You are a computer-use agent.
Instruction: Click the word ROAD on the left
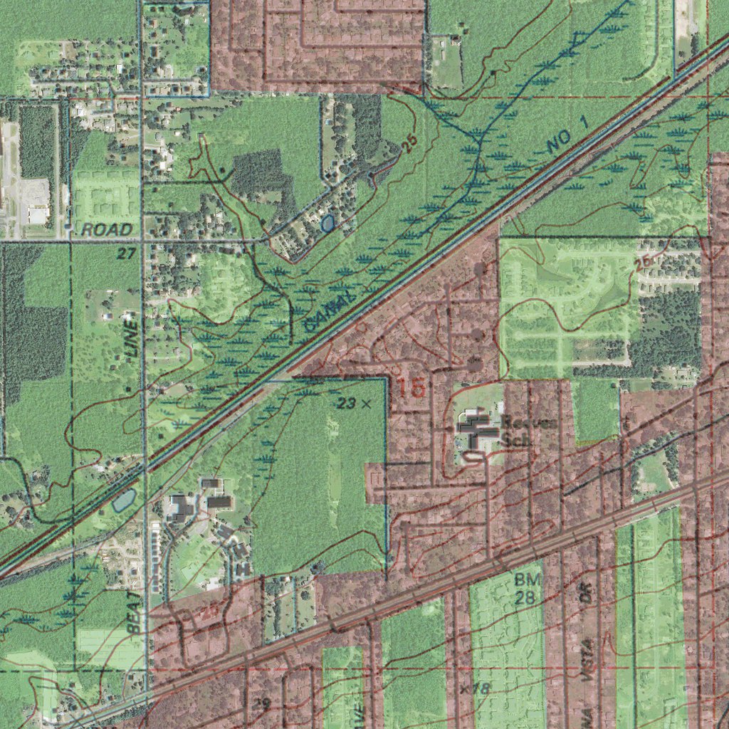coord(107,229)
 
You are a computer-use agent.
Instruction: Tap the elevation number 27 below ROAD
coord(127,253)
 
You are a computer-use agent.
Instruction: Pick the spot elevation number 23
coord(347,404)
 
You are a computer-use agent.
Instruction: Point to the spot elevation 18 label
coord(481,688)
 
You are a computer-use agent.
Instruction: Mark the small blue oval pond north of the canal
coord(327,224)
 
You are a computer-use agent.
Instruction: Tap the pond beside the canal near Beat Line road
coord(122,501)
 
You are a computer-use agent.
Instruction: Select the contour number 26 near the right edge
coord(642,262)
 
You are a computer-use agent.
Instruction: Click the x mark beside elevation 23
coord(367,404)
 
